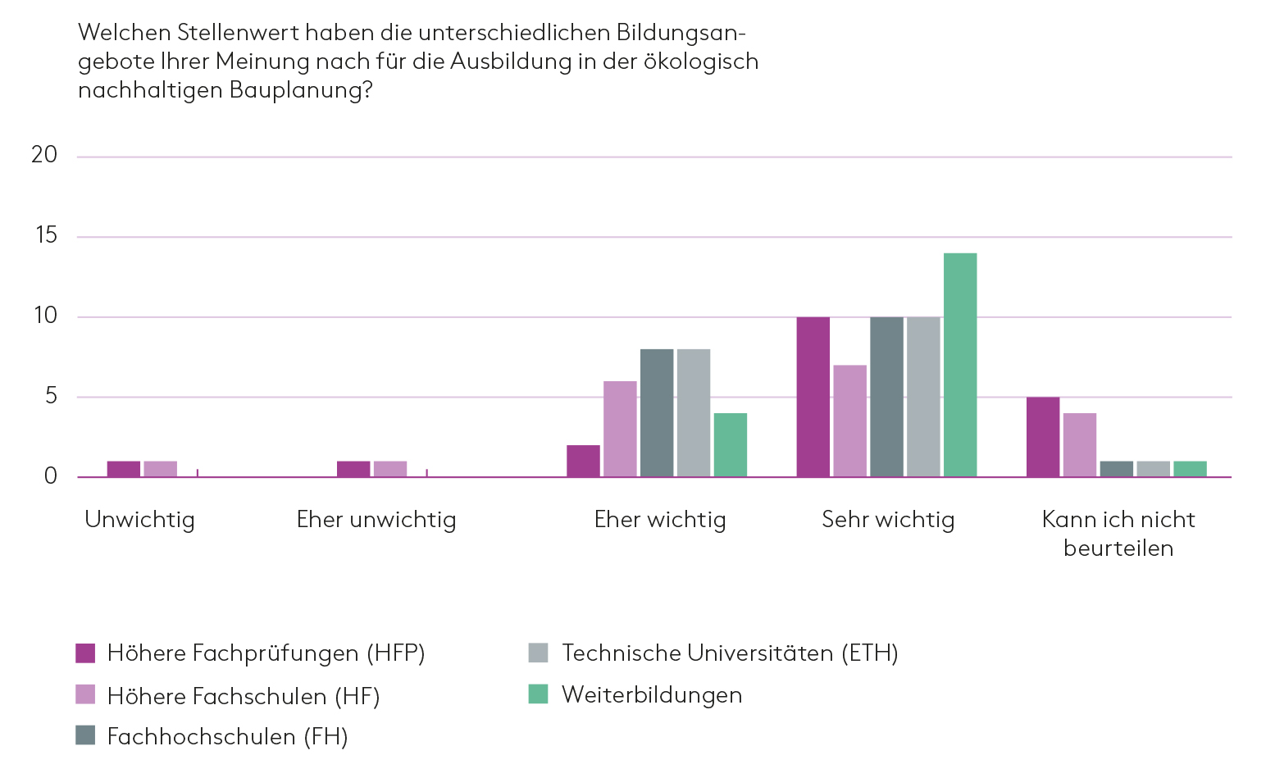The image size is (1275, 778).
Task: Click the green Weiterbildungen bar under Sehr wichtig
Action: pos(960,365)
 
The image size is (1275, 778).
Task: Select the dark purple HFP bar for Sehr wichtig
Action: pos(813,397)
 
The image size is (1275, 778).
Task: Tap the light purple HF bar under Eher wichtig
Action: pos(620,429)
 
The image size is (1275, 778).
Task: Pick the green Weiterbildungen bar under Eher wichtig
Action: pos(730,445)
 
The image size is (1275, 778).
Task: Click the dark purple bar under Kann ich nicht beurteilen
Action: pos(1042,437)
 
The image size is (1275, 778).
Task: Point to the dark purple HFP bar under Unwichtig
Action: pos(123,469)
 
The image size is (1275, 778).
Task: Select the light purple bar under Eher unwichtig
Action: pos(390,469)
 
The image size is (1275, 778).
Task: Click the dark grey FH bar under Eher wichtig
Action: pos(657,413)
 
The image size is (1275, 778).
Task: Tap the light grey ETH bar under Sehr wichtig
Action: pos(923,397)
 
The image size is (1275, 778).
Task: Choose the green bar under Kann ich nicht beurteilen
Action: pos(1190,469)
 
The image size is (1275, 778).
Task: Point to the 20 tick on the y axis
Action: pos(44,155)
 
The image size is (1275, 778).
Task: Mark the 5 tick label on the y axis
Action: pos(51,397)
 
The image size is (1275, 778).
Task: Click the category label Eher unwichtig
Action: pos(376,520)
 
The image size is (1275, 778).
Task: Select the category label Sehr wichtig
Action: pos(888,520)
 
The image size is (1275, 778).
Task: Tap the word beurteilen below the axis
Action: pos(1118,548)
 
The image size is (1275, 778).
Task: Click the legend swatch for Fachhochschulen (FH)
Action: pos(85,735)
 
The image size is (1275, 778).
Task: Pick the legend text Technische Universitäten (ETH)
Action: pos(730,653)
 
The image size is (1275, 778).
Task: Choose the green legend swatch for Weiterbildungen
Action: pos(538,694)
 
